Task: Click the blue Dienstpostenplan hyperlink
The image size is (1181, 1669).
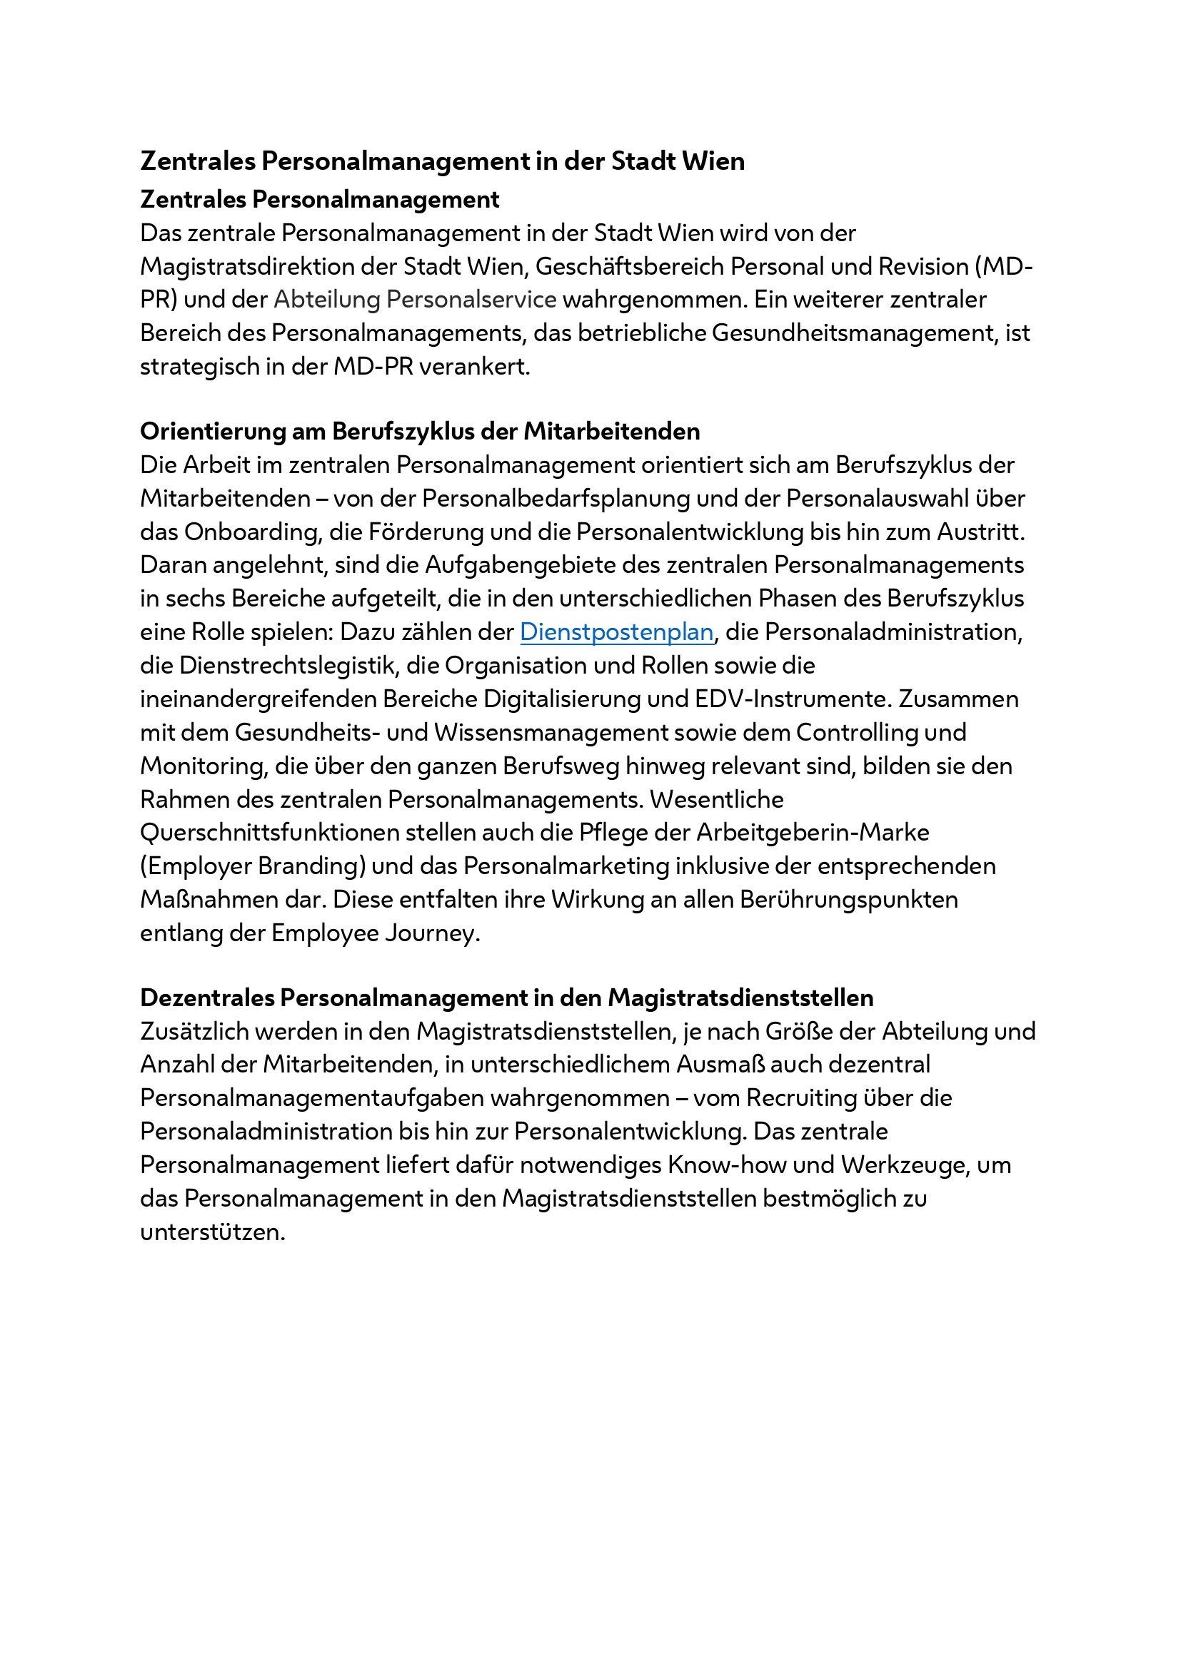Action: pyautogui.click(x=616, y=632)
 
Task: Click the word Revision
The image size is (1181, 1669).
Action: pyautogui.click(x=923, y=267)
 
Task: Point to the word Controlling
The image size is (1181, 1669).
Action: pyautogui.click(x=857, y=733)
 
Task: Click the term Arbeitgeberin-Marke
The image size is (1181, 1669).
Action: pyautogui.click(x=813, y=833)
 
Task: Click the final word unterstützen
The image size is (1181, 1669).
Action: pyautogui.click(x=211, y=1232)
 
